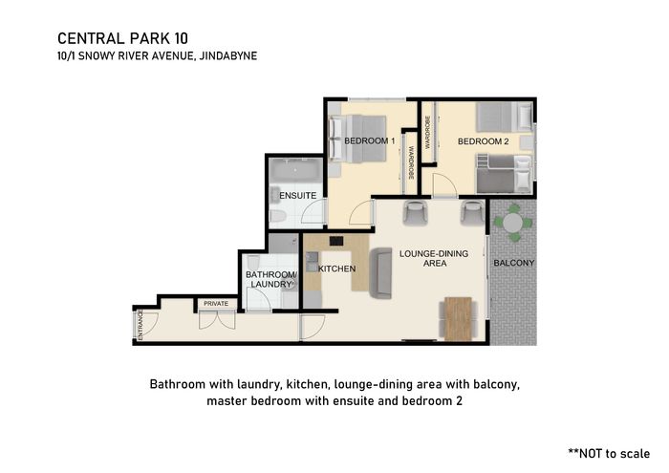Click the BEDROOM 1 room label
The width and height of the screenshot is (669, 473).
(370, 140)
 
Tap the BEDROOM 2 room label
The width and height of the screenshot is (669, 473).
(483, 141)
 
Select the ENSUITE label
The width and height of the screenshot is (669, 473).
(298, 195)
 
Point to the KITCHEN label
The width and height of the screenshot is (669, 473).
(336, 269)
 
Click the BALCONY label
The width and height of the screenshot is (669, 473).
(514, 263)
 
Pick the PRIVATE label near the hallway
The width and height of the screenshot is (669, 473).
(216, 304)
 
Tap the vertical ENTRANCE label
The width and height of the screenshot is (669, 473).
(140, 326)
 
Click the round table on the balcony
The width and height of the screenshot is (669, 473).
(513, 223)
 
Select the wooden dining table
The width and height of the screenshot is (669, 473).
(458, 318)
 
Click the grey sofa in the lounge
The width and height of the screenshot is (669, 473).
(380, 273)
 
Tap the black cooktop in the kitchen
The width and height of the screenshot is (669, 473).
(336, 241)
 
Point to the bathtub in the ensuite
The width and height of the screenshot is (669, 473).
(296, 171)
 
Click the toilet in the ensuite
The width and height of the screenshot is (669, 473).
(278, 216)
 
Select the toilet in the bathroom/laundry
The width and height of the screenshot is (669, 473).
(253, 263)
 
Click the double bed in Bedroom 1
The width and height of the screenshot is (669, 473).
(357, 139)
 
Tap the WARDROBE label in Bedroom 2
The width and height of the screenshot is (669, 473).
(427, 132)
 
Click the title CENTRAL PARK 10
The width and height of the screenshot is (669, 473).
(123, 38)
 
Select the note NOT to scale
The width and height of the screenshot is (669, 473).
(609, 453)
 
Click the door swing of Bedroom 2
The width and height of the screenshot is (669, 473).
(444, 185)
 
